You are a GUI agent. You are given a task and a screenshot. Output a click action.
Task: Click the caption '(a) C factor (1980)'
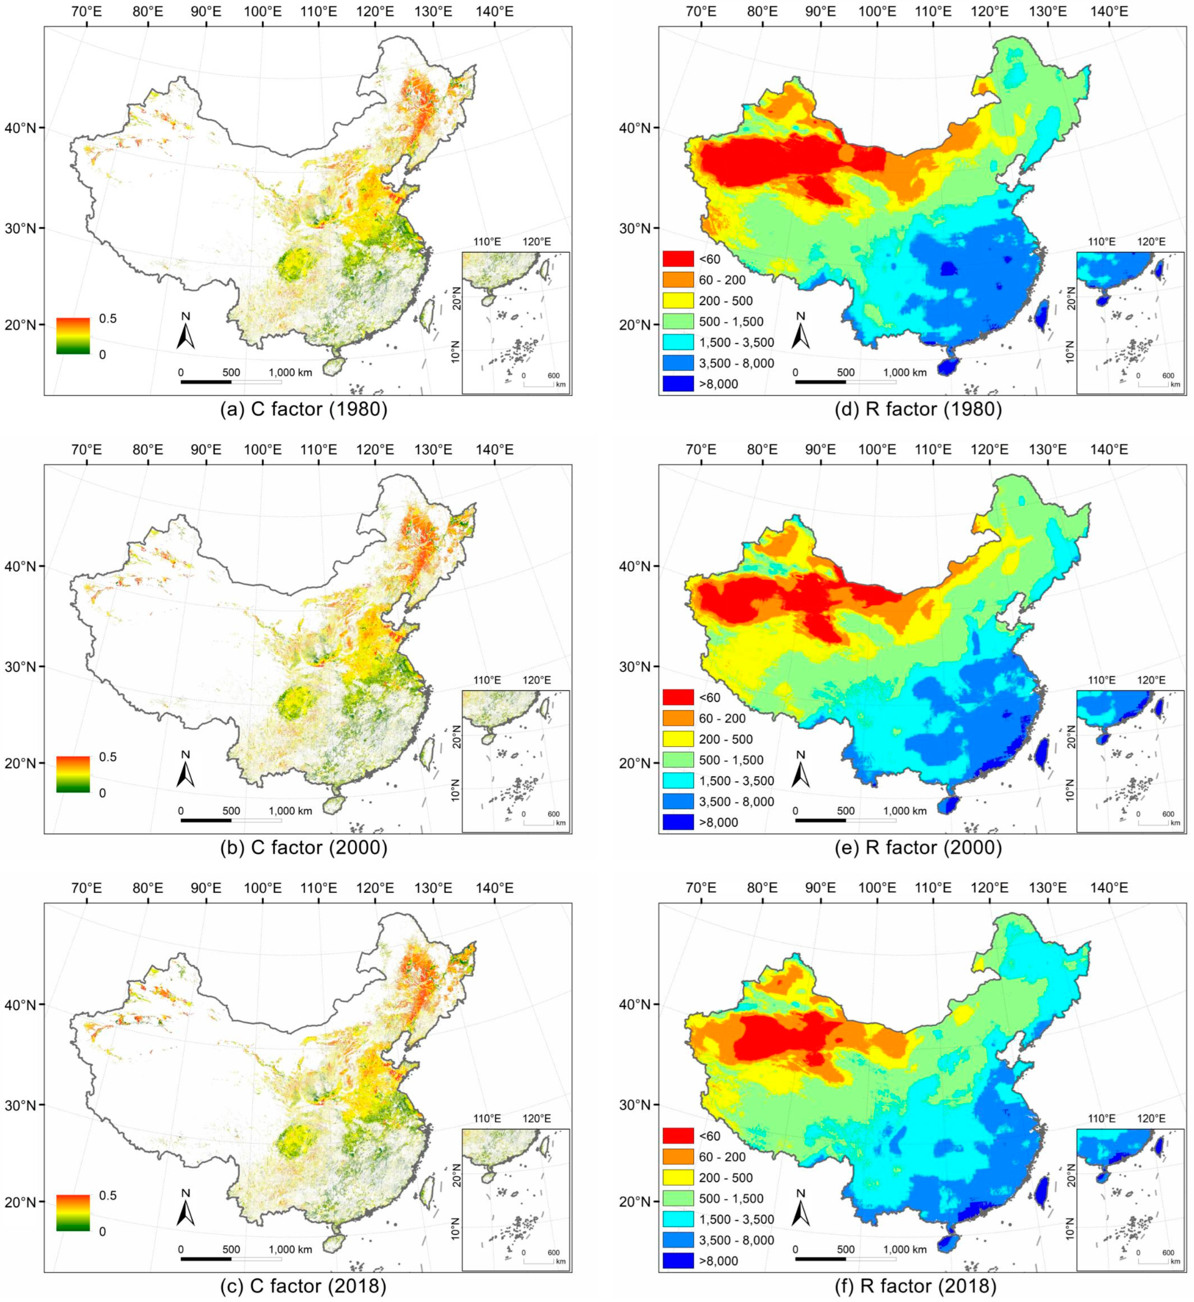coord(304,409)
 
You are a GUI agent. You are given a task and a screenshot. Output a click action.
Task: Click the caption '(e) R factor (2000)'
coord(933,847)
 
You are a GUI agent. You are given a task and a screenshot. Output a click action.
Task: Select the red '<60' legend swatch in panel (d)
coord(678,259)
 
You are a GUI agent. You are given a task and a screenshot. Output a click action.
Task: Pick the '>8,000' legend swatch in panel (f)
coord(678,1261)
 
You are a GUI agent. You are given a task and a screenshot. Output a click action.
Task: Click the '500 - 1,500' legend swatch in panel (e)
coord(678,760)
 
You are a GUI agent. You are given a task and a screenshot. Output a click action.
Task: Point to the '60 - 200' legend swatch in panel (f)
coord(678,1157)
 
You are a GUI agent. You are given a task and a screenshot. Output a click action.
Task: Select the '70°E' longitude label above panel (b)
coord(87,450)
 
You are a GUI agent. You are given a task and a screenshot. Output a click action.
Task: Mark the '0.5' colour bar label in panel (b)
coord(107,757)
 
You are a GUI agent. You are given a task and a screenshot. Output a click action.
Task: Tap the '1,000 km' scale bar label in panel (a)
coord(290,372)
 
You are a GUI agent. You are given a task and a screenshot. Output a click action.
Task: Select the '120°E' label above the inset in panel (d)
coord(1151,242)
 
